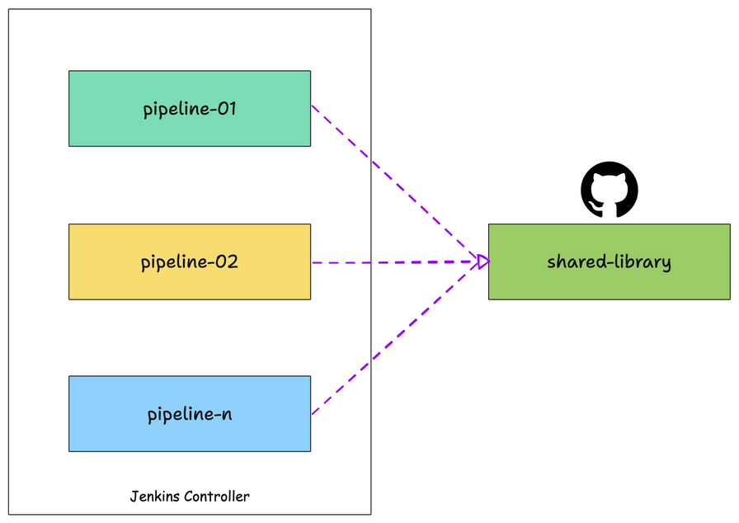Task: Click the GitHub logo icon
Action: [609, 190]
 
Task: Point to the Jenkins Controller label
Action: [190, 496]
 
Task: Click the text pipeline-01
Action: [190, 108]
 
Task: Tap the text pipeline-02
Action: [190, 262]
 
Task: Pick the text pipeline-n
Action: [190, 414]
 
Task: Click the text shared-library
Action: [609, 262]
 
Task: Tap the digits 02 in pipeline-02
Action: [226, 262]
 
